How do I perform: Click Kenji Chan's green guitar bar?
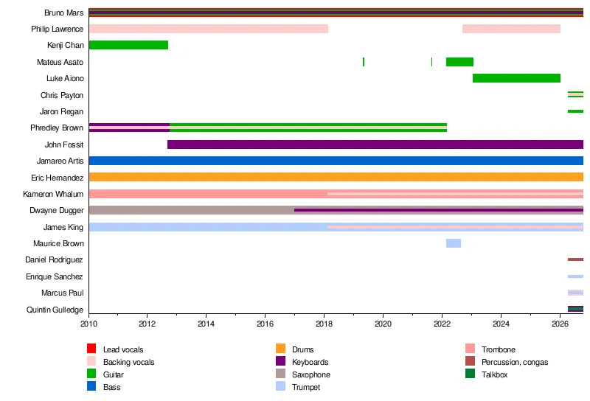128,45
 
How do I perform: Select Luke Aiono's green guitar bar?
517,78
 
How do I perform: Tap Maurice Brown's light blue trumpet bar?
454,243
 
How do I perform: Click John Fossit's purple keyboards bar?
375,144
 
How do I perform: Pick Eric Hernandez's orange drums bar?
336,177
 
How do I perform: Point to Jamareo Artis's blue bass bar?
336,161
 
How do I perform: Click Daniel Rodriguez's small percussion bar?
576,259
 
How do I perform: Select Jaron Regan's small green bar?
576,111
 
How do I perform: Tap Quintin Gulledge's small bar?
576,309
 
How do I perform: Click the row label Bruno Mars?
64,13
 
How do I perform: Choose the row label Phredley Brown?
57,128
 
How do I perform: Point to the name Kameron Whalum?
53,194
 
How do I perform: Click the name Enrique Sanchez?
55,277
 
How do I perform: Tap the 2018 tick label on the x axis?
324,324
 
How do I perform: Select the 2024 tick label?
502,324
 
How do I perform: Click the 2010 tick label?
88,324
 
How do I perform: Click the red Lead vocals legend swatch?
91,349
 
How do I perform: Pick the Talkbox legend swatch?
470,374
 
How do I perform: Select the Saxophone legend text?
311,374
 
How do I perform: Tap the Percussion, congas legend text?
515,362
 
